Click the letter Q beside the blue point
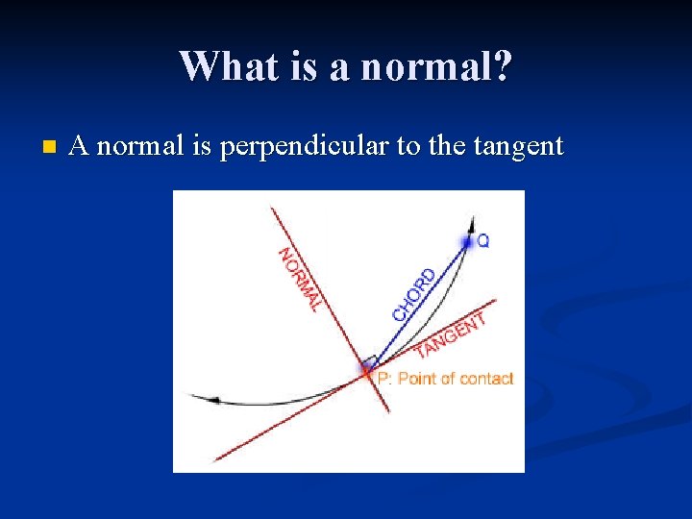(482, 241)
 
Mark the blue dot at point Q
(467, 242)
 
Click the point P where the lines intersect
(367, 369)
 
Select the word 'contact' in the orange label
(486, 379)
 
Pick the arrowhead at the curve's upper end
(472, 224)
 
